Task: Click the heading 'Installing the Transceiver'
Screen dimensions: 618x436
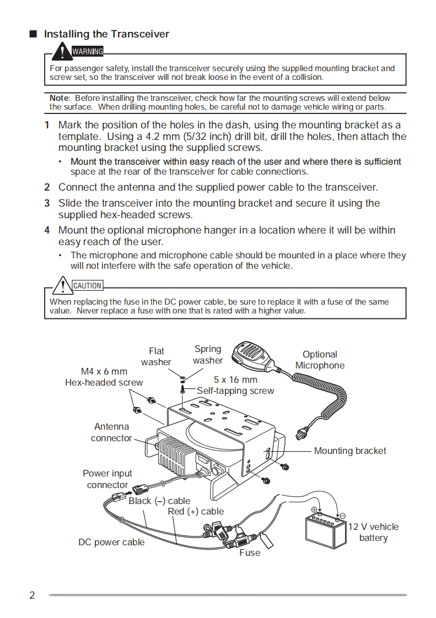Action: [x=106, y=34]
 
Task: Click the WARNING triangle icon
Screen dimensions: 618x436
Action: [x=63, y=52]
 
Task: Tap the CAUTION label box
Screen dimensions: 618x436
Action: [x=88, y=286]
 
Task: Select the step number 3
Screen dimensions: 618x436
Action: [x=47, y=203]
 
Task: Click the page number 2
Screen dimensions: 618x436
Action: [x=32, y=595]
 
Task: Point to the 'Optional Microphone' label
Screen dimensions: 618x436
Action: [x=320, y=360]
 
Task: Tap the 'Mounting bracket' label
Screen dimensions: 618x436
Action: [x=350, y=451]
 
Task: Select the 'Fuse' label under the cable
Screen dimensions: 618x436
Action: [x=250, y=552]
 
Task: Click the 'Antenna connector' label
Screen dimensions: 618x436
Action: [x=111, y=432]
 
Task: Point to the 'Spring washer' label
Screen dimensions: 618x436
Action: [x=208, y=355]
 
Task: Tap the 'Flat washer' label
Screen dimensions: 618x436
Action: [x=157, y=356]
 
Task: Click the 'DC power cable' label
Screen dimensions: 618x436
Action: [x=111, y=542]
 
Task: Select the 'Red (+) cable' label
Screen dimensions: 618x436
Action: [x=196, y=511]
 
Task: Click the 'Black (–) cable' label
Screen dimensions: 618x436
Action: [x=159, y=501]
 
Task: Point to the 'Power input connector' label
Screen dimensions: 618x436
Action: [x=107, y=479]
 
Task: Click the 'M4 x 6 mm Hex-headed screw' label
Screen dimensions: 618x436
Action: [x=104, y=377]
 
